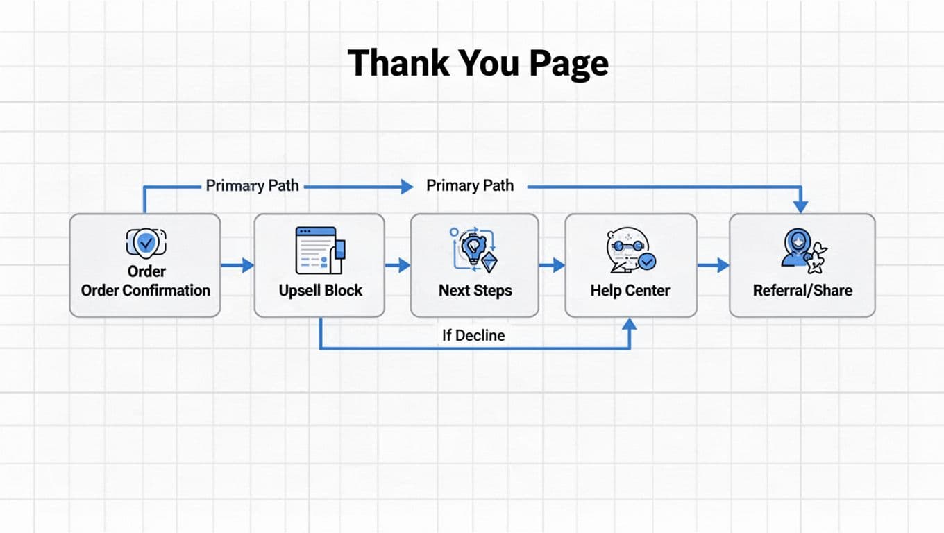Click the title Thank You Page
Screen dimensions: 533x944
click(x=478, y=62)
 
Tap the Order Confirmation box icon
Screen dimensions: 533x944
click(x=146, y=242)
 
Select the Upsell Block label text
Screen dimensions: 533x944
click(x=320, y=290)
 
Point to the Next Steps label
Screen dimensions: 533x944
click(x=475, y=290)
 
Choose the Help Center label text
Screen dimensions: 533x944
click(x=630, y=290)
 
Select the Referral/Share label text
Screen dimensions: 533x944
click(x=802, y=290)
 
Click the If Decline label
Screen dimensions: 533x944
click(x=473, y=335)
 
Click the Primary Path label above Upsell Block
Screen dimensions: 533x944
click(x=252, y=185)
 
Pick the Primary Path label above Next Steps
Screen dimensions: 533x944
click(x=470, y=185)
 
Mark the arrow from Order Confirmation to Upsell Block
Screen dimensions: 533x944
click(x=237, y=264)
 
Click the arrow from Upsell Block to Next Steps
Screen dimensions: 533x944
click(x=398, y=264)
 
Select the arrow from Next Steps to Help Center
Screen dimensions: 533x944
click(x=552, y=264)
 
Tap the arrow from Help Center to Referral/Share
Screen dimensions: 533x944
click(x=714, y=264)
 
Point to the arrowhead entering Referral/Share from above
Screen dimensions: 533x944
click(x=800, y=206)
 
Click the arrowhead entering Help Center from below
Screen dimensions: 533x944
click(x=630, y=325)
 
